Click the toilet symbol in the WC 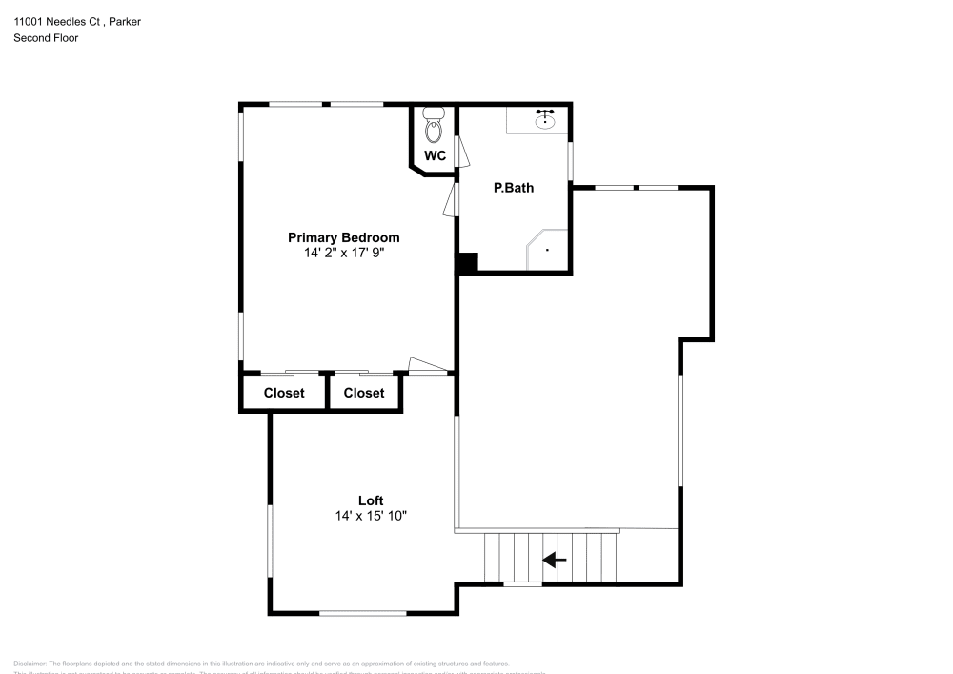tap(434, 124)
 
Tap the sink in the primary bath tap(545, 120)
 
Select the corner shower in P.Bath tap(549, 250)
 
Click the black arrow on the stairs tap(555, 561)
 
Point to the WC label tap(435, 155)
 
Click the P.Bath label tap(513, 188)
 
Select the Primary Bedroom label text tap(344, 237)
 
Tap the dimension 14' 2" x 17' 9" tap(344, 254)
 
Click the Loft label tap(371, 500)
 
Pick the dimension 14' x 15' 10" tap(371, 516)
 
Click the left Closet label tap(284, 393)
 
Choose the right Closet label tap(364, 393)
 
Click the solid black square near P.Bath tap(466, 263)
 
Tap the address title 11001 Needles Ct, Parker tap(77, 21)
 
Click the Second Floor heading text tap(46, 38)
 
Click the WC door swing tap(463, 152)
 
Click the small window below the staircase tap(522, 583)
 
